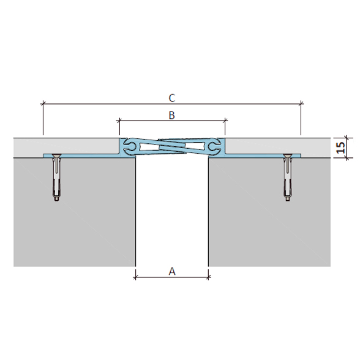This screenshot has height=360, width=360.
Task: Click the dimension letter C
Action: click(172, 98)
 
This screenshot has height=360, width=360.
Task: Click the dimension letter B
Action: click(171, 115)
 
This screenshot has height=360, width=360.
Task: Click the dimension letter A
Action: click(172, 271)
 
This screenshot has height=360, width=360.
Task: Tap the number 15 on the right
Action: click(340, 148)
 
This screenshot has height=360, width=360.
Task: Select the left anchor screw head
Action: click(56, 156)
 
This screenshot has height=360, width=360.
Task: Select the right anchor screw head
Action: click(288, 156)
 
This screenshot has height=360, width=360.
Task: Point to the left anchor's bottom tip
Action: click(56, 201)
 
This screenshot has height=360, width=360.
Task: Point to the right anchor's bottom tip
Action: click(288, 201)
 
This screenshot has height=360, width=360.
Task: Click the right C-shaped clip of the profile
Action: click(215, 147)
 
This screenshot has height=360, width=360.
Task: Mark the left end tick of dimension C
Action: click(43, 104)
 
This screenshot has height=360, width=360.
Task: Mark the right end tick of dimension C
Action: click(301, 104)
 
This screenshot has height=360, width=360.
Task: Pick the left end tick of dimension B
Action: click(119, 120)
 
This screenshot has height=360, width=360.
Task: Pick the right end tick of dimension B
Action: click(225, 120)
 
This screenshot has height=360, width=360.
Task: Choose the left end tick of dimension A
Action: click(135, 277)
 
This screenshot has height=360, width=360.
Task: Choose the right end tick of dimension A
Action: click(208, 277)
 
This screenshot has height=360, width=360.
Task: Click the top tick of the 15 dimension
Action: click(347, 138)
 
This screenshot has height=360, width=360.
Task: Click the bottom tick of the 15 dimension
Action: click(347, 158)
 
